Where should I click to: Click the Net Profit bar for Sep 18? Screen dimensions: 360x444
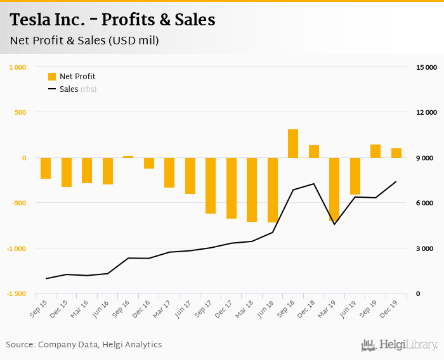click(x=293, y=144)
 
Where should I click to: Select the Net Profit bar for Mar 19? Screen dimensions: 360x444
click(x=334, y=190)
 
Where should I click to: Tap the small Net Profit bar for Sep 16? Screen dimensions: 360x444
click(x=128, y=157)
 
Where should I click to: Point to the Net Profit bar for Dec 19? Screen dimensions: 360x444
click(x=396, y=153)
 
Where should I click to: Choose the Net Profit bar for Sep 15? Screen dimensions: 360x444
click(x=46, y=168)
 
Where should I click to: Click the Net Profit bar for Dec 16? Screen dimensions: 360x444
click(x=149, y=163)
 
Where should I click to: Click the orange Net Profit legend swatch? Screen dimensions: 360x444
click(x=52, y=77)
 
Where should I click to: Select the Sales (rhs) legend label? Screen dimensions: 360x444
click(x=78, y=89)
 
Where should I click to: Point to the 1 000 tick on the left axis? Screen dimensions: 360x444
click(x=18, y=67)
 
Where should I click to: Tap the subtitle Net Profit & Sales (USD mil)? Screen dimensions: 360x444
click(x=84, y=41)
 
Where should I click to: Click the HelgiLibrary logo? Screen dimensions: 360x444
click(x=400, y=345)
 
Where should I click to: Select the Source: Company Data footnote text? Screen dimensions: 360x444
click(x=84, y=345)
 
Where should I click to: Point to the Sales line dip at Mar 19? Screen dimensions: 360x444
click(x=334, y=224)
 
